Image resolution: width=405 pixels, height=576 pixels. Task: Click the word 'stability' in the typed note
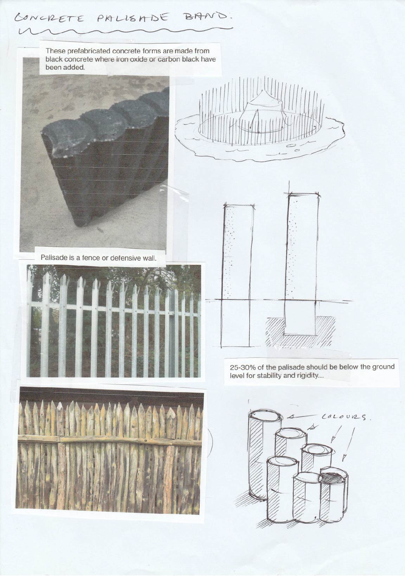(x=269, y=376)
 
